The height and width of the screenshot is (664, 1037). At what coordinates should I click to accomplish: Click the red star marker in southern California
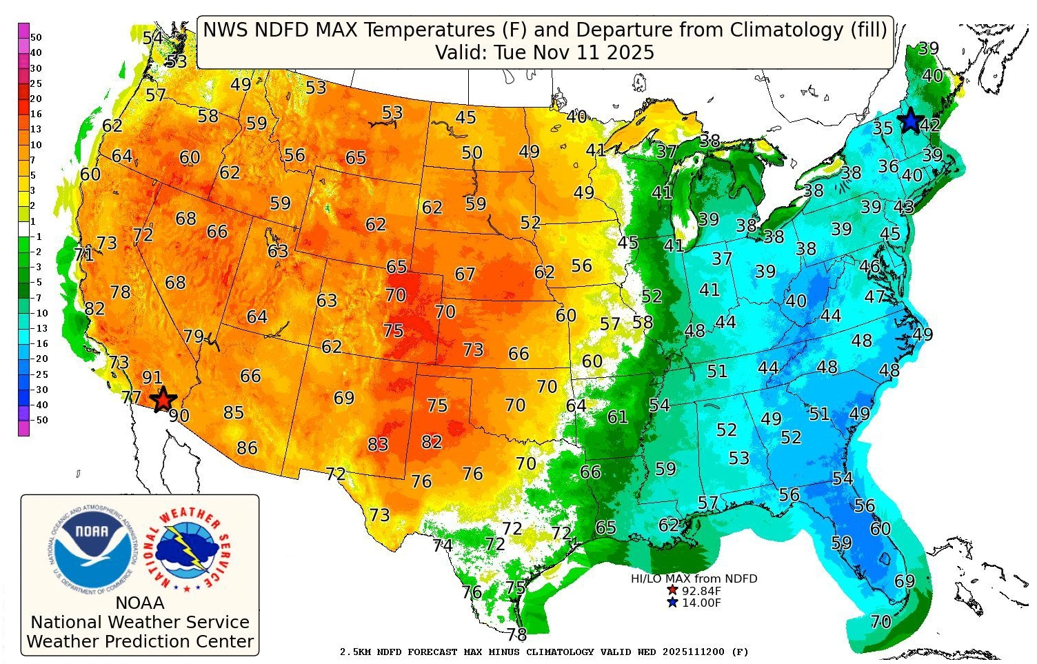(x=163, y=399)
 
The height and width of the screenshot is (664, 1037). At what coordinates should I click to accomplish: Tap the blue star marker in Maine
(x=910, y=121)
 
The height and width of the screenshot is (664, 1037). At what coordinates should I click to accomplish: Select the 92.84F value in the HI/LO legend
(x=701, y=591)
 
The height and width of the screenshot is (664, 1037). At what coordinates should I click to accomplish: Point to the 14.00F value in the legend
(x=701, y=603)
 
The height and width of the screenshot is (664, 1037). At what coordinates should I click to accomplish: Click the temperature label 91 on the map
(x=152, y=378)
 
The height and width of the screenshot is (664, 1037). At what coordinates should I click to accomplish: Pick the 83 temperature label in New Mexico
(x=378, y=445)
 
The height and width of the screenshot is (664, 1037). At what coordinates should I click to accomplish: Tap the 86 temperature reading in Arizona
(x=247, y=448)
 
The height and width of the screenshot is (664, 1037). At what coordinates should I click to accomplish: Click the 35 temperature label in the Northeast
(x=883, y=128)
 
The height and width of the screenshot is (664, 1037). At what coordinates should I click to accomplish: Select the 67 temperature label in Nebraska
(x=465, y=274)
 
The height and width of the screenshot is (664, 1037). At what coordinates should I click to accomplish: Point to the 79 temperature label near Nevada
(x=194, y=336)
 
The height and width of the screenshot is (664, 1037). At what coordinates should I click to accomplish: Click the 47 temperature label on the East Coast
(x=875, y=296)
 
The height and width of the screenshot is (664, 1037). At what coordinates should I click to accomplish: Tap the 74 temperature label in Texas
(x=443, y=546)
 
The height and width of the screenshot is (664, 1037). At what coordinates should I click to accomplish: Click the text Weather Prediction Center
(x=140, y=641)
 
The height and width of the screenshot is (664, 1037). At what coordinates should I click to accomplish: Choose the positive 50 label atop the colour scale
(x=36, y=37)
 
